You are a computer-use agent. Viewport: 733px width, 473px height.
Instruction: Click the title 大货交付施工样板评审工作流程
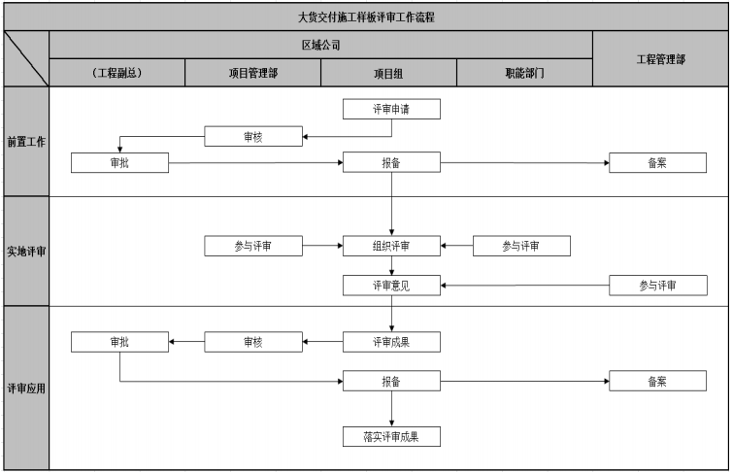pyautogui.click(x=366, y=16)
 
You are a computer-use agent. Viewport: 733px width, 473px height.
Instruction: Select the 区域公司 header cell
pyautogui.click(x=320, y=45)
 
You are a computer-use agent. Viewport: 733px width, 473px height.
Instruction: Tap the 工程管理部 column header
pyautogui.click(x=660, y=58)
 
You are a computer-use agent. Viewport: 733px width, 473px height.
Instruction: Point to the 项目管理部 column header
pyautogui.click(x=252, y=73)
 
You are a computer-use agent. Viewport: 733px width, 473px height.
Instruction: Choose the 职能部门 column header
pyautogui.click(x=524, y=73)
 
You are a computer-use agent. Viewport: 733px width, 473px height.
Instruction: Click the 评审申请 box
pyautogui.click(x=391, y=109)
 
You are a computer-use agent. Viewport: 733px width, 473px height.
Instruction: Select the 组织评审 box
pyautogui.click(x=391, y=246)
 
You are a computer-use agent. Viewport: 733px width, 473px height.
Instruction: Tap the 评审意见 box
pyautogui.click(x=391, y=285)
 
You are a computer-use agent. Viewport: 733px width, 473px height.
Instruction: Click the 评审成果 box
pyautogui.click(x=391, y=341)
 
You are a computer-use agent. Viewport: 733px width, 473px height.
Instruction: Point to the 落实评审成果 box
pyautogui.click(x=391, y=436)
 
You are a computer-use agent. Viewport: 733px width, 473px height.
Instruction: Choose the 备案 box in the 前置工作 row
pyautogui.click(x=657, y=162)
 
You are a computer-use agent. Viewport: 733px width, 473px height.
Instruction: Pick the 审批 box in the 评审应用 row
pyautogui.click(x=119, y=341)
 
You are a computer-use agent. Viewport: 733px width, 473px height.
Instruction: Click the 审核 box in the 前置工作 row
pyautogui.click(x=252, y=137)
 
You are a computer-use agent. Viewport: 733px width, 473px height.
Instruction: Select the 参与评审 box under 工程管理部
pyautogui.click(x=657, y=285)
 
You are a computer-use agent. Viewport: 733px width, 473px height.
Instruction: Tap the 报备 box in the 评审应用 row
pyautogui.click(x=391, y=381)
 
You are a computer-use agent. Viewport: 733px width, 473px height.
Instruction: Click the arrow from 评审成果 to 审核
pyautogui.click(x=322, y=341)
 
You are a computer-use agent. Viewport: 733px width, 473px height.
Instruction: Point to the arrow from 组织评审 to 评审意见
pyautogui.click(x=391, y=265)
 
